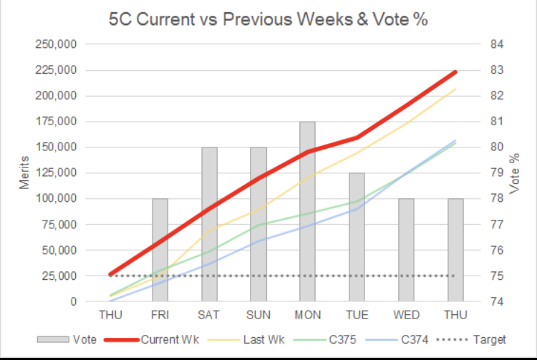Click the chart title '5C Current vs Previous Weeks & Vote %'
point(268,19)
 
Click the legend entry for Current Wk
point(153,339)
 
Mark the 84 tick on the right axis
point(495,44)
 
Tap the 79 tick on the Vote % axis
point(495,172)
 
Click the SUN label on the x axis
point(258,314)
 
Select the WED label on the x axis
point(405,314)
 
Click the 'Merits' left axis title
point(24,172)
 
